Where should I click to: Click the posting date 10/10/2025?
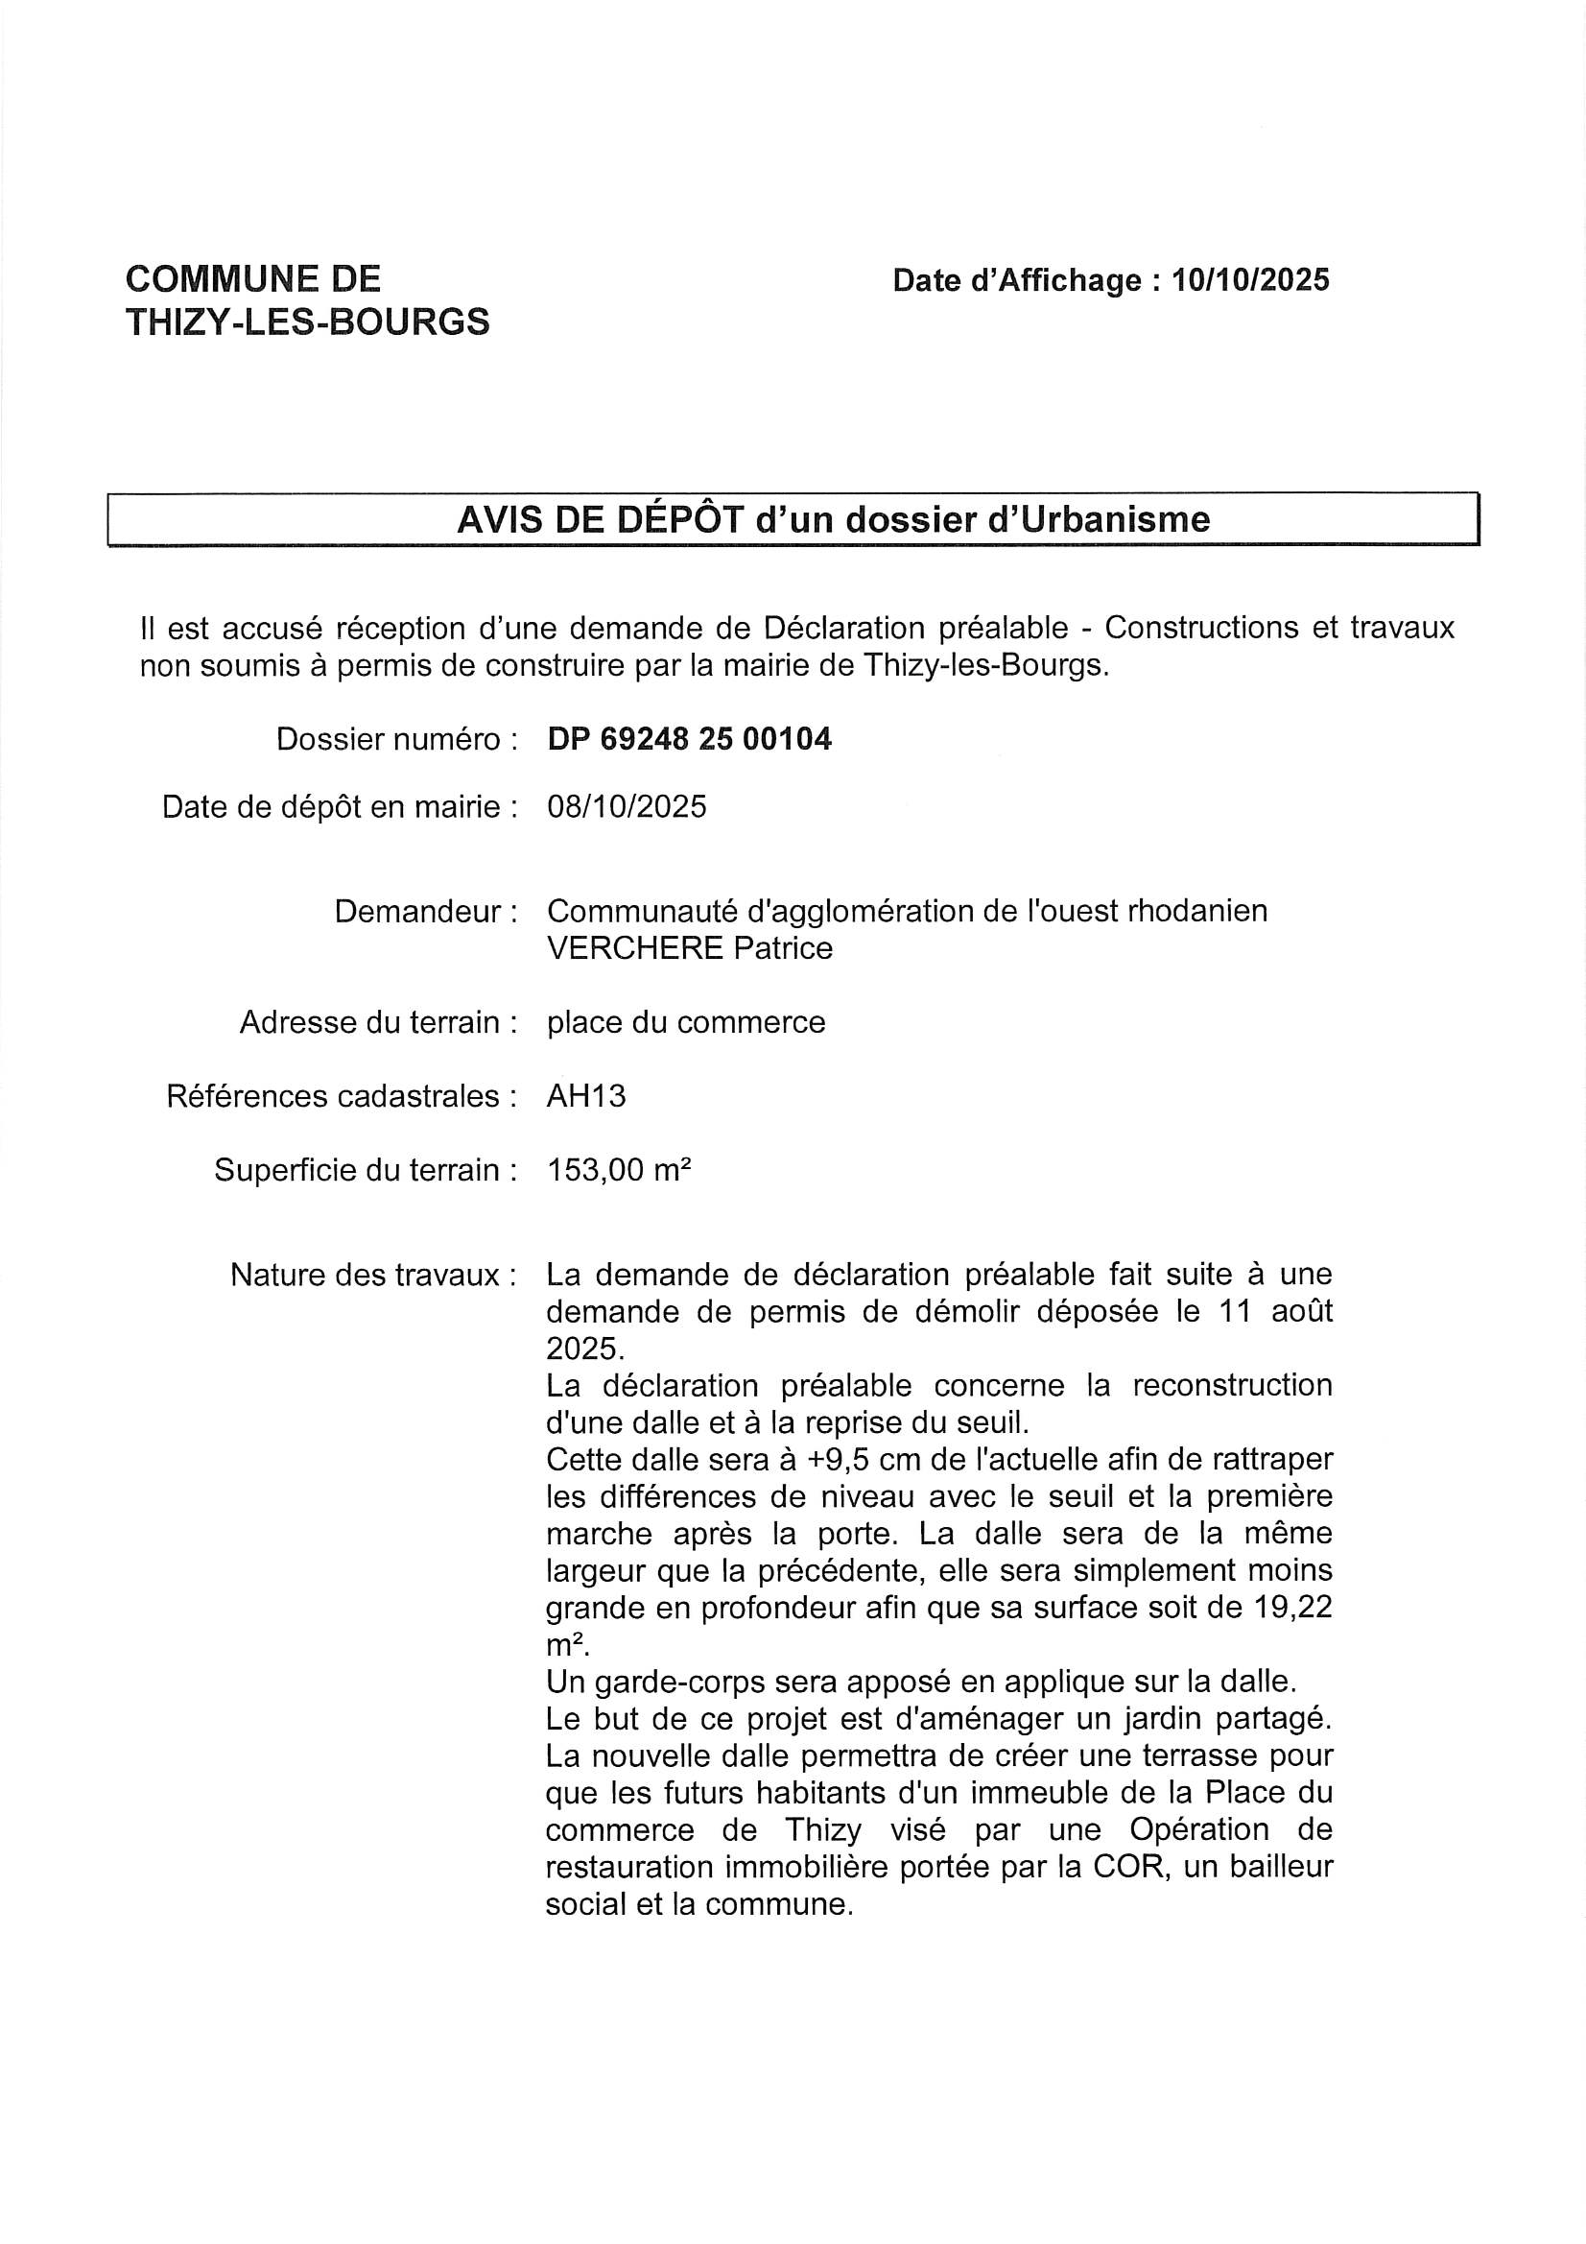click(1251, 280)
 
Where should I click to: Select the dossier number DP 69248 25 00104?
click(689, 739)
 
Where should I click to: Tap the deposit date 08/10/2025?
click(627, 806)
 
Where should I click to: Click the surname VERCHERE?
click(635, 948)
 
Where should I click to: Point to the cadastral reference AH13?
click(586, 1096)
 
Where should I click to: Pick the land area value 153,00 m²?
click(620, 1169)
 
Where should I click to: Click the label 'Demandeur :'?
click(426, 911)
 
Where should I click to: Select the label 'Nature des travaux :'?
click(373, 1275)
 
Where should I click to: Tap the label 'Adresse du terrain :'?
click(378, 1022)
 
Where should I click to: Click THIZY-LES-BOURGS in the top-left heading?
click(308, 322)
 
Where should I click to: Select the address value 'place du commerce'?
click(686, 1022)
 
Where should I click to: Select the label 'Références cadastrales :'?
click(341, 1096)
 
